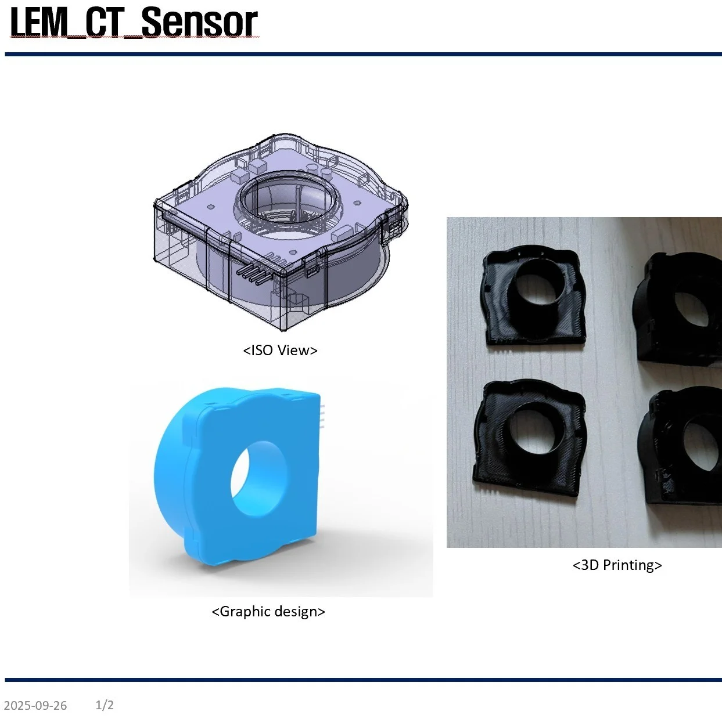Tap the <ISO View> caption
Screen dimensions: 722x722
(280, 350)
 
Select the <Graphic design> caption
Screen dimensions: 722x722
(268, 612)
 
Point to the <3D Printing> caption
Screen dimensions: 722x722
(617, 565)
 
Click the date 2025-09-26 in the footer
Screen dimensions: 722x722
(35, 706)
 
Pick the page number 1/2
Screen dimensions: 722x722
(105, 705)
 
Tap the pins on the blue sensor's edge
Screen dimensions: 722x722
(321, 416)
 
